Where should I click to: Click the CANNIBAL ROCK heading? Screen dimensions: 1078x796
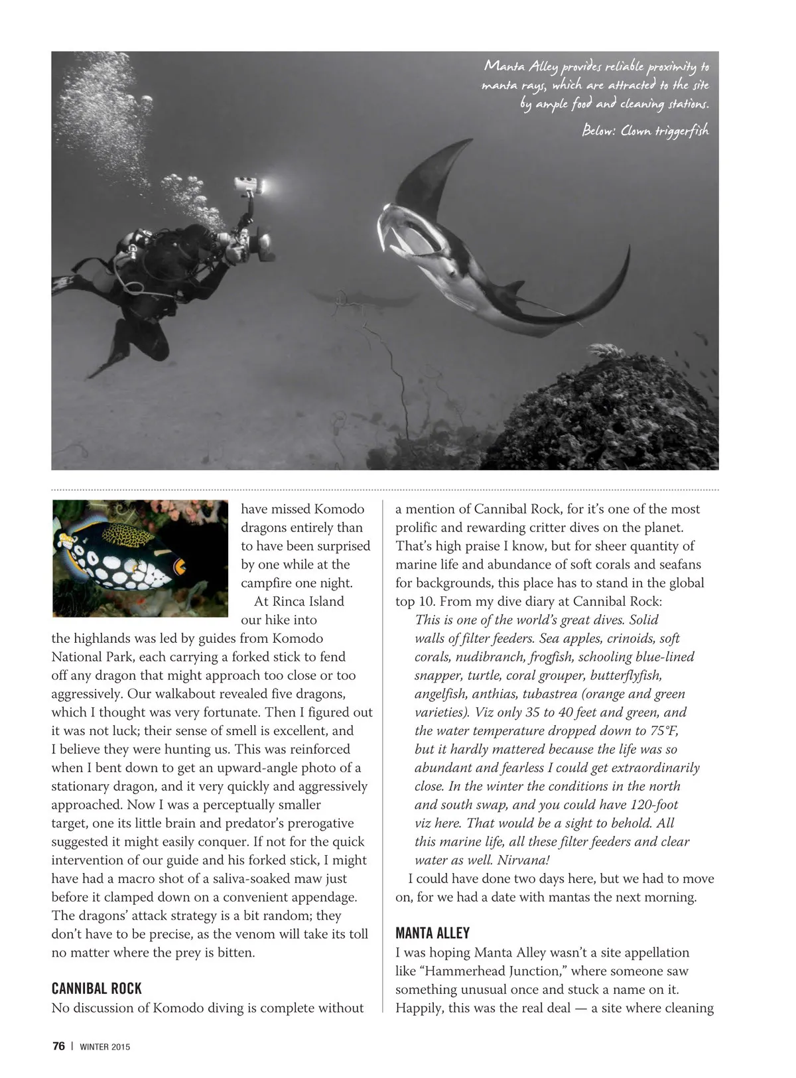click(97, 988)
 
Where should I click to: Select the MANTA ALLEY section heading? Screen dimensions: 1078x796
click(432, 933)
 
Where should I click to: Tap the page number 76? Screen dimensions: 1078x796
click(58, 1046)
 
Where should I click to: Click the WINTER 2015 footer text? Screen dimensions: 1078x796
click(105, 1047)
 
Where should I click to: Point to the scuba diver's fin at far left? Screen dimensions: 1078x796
click(66, 282)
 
